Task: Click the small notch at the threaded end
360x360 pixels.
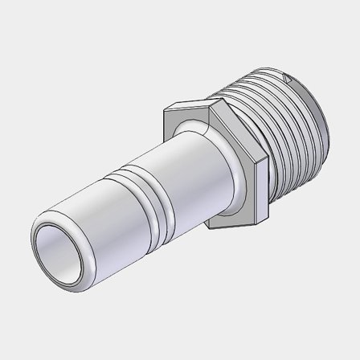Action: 287,78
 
